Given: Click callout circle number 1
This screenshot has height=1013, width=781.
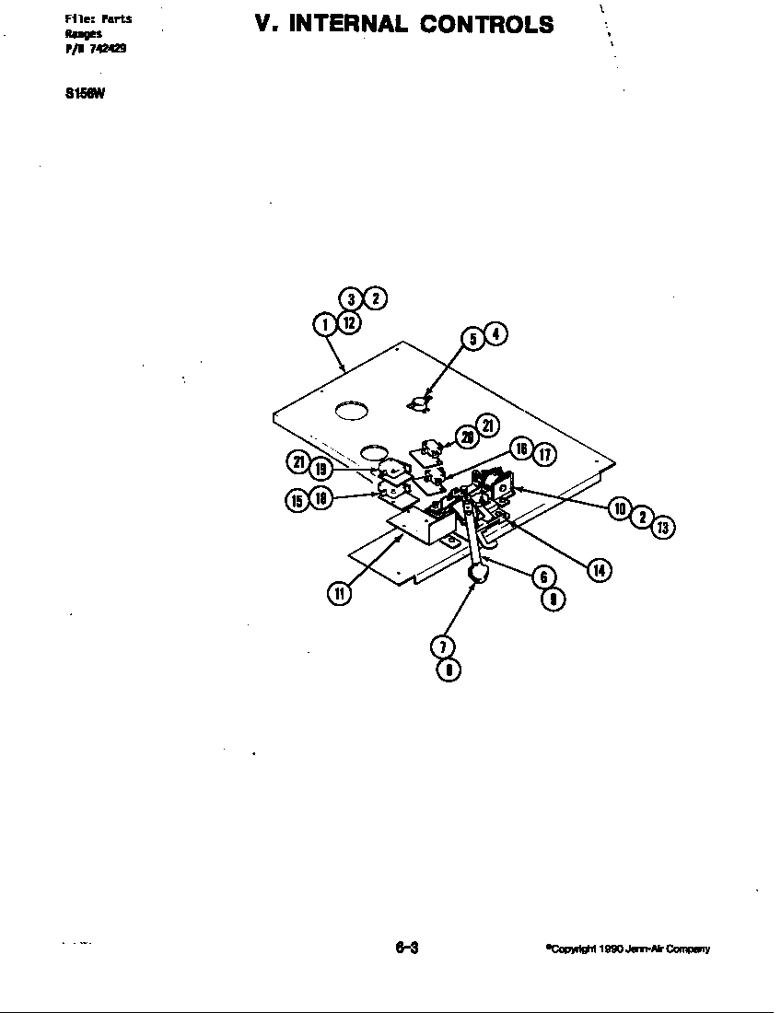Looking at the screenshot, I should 324,324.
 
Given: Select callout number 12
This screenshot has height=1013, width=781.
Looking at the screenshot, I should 347,323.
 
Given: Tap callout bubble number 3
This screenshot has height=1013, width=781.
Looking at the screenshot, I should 351,298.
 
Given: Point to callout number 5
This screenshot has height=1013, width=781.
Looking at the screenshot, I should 473,339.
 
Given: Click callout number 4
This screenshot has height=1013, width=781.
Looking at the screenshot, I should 495,333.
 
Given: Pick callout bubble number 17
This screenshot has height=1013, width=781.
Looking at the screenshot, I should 545,453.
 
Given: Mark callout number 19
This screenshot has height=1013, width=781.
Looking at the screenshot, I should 321,469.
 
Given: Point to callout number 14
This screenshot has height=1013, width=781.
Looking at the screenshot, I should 599,570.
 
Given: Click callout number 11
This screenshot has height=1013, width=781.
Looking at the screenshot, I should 339,593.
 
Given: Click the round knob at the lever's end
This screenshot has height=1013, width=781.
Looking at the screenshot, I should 478,575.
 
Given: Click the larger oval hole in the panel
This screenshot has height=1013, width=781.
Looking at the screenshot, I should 352,411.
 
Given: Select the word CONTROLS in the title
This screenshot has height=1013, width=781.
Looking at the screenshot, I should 487,24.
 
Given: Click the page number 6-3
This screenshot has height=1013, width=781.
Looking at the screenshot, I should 406,949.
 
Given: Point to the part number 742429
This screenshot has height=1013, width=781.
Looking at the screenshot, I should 109,49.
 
